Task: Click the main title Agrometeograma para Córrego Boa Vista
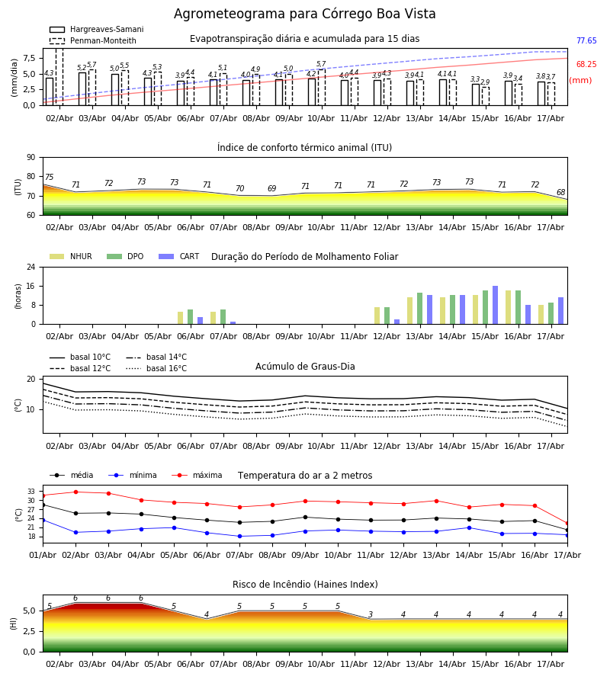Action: point(304,14)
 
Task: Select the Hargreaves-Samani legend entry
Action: point(97,29)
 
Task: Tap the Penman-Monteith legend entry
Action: point(93,40)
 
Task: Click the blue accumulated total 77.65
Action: point(586,40)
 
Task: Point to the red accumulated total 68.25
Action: point(586,64)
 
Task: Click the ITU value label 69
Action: point(271,188)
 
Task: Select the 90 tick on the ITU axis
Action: point(31,158)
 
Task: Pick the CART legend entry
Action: point(179,256)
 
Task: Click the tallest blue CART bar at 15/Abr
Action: point(496,305)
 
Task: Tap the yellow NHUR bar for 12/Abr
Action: point(377,316)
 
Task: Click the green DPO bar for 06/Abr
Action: point(191,317)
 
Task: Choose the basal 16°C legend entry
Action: point(156,368)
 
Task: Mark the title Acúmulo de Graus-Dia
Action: point(305,367)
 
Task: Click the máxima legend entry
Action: point(197,475)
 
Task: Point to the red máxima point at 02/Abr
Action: point(75,492)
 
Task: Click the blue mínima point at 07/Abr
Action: point(239,537)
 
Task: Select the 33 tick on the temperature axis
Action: point(31,492)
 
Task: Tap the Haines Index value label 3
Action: point(371,614)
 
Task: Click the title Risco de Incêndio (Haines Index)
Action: point(305,585)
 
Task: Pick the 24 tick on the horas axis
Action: point(31,267)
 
